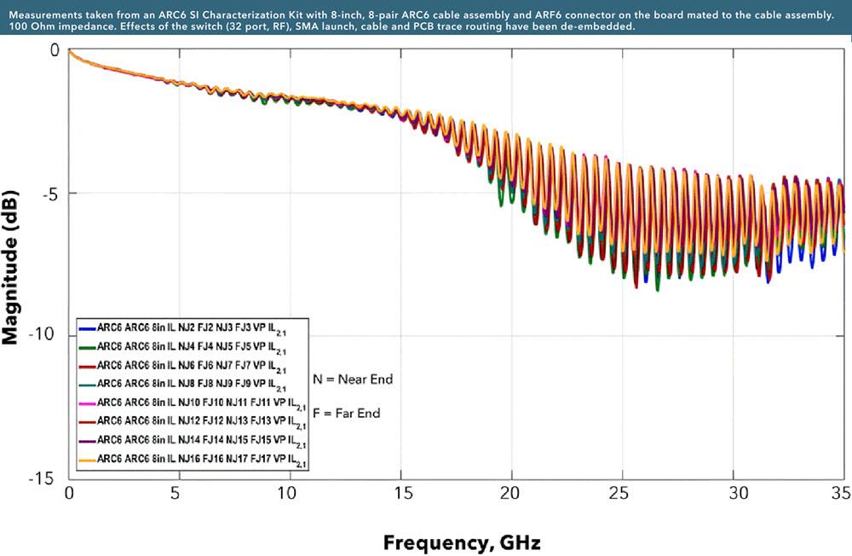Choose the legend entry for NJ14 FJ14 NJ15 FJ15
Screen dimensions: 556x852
point(195,440)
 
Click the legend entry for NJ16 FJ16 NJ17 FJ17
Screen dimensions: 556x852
point(195,459)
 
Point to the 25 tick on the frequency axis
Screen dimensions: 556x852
point(620,494)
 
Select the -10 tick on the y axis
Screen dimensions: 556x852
point(42,335)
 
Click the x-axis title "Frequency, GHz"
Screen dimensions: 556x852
point(461,542)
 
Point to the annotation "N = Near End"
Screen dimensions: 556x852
point(353,379)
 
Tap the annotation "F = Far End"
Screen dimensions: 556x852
point(346,414)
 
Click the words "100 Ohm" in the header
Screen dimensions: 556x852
point(32,26)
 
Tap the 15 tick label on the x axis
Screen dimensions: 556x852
point(399,494)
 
